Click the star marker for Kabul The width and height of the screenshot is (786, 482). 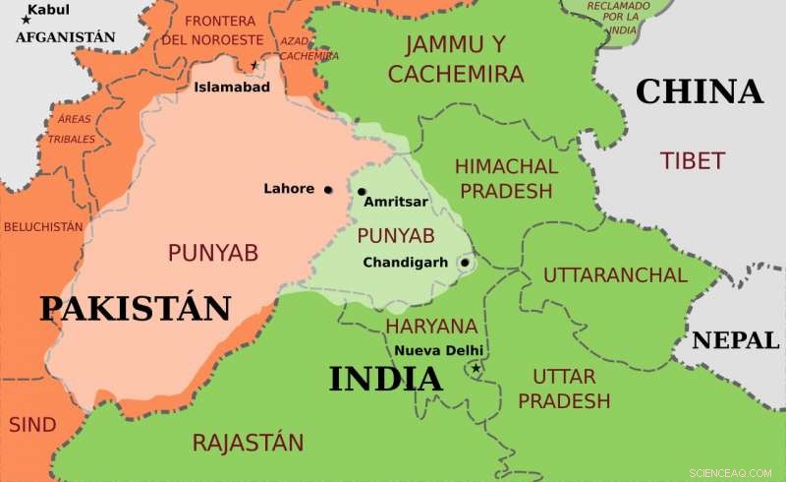coord(25,20)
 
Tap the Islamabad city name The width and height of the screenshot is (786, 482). coord(231,87)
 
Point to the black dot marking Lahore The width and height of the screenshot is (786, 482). coord(328,190)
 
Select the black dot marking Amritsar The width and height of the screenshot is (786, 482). coord(362,192)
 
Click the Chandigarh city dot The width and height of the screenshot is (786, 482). coord(464,263)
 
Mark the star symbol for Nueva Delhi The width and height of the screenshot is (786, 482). coord(476,369)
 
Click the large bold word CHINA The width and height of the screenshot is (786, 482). coord(699,91)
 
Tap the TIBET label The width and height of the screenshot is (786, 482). coord(693,160)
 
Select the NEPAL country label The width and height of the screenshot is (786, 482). coord(736,340)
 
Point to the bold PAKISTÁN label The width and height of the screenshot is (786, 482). coord(135,308)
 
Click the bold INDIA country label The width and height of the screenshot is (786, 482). coord(385,379)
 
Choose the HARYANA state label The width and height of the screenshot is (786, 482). coord(431,326)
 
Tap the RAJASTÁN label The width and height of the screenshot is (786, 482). coord(248,442)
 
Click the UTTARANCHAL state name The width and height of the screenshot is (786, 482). coord(615,274)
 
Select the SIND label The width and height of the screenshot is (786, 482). coord(32,425)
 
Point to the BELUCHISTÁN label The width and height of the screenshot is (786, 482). coord(43,226)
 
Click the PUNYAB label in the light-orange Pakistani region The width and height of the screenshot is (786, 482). coord(212,253)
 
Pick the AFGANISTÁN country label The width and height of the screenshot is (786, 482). coord(66,37)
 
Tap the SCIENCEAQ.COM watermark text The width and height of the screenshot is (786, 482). coord(731,472)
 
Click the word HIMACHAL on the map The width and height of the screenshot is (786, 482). coord(506,166)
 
